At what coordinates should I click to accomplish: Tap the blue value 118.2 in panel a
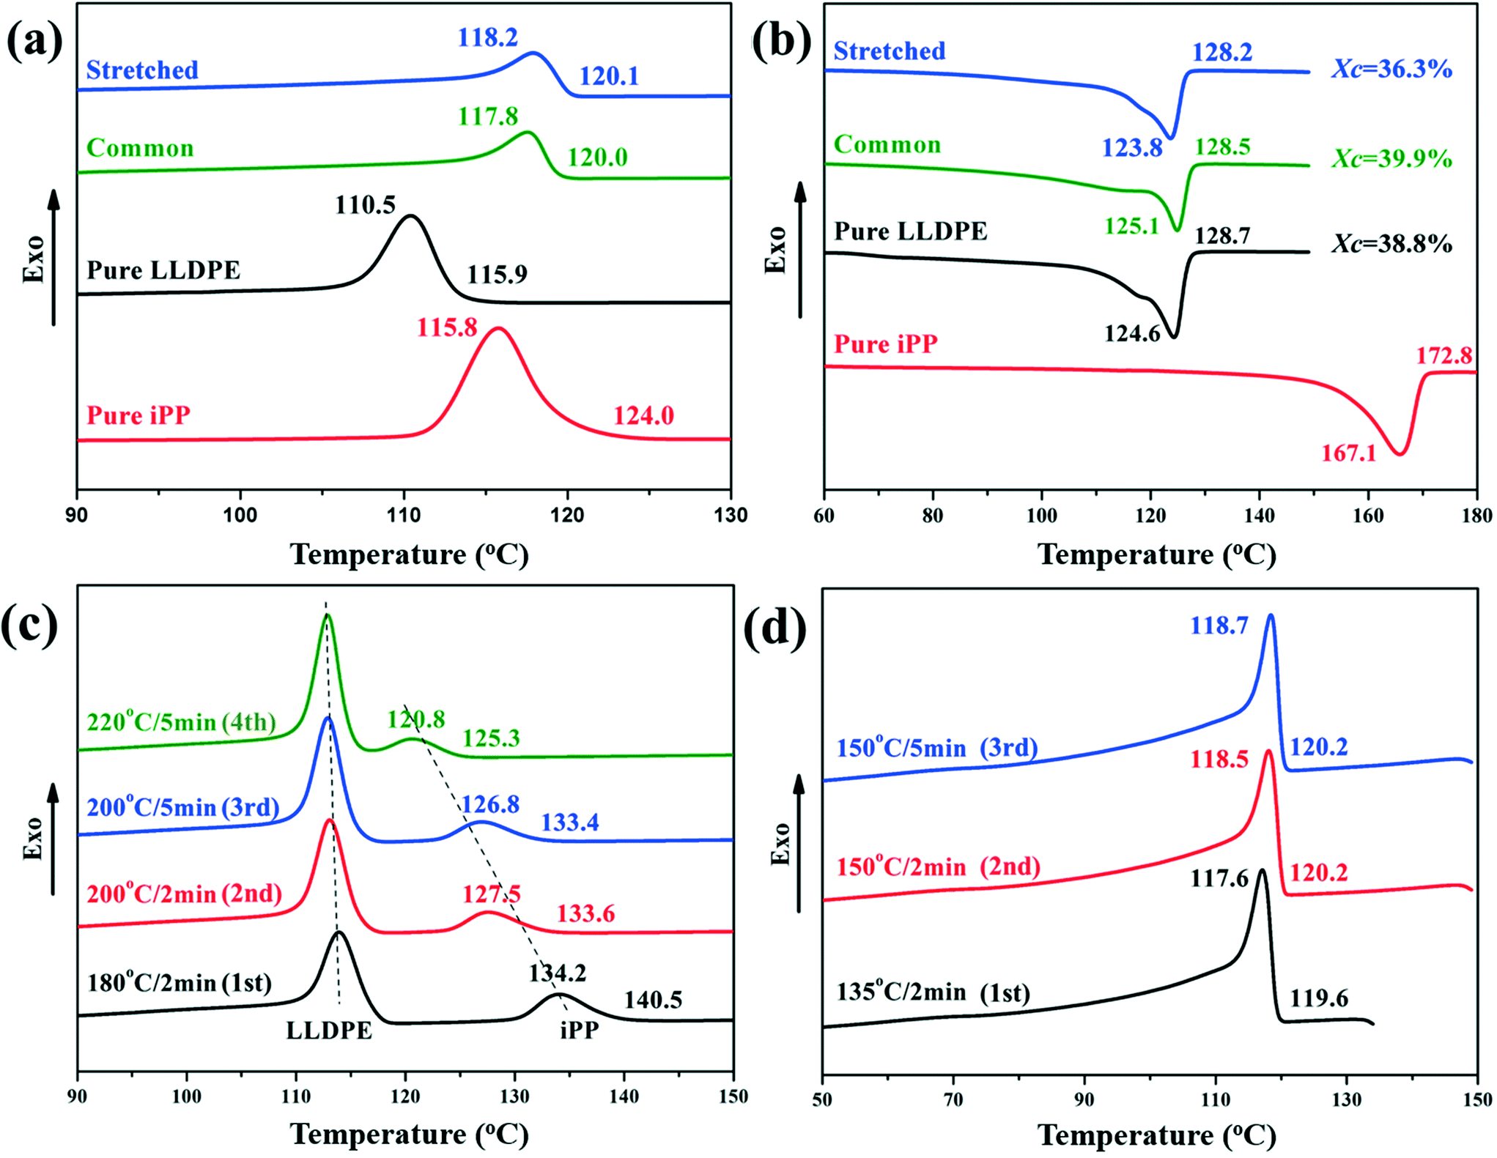coord(487,37)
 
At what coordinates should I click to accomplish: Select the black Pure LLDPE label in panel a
coord(163,270)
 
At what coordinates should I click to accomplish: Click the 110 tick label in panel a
coord(403,515)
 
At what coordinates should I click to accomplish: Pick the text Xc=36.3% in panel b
coord(1391,70)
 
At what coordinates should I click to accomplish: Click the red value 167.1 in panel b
coord(1348,453)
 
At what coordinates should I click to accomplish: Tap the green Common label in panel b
coord(887,144)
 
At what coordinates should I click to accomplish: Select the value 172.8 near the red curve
coord(1444,356)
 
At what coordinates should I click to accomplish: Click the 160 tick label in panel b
coord(1367,516)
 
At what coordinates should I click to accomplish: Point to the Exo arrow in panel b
coord(800,249)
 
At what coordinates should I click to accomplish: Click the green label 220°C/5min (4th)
coord(181,722)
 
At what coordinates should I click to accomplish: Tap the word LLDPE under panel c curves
coord(329,1031)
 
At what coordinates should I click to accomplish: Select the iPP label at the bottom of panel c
coord(580,1031)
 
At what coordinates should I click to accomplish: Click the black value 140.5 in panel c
coord(653,1000)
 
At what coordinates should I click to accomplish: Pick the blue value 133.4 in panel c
coord(570,823)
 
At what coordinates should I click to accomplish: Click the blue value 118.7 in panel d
coord(1219,626)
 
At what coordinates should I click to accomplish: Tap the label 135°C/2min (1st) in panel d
coord(933,992)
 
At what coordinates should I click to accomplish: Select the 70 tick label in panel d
coord(953,1099)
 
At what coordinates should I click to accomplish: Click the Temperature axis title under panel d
coord(1156,1135)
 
